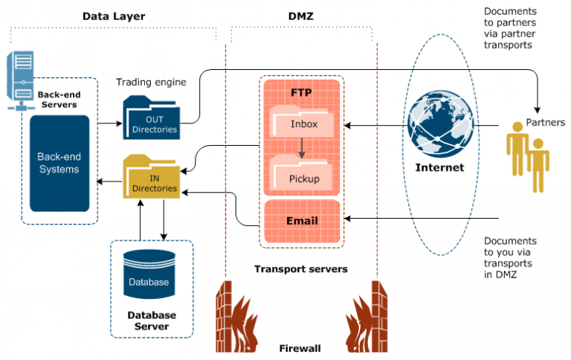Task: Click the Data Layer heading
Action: pos(113,15)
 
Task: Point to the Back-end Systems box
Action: pos(59,164)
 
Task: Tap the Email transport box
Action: pos(302,220)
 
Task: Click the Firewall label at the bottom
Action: pos(300,348)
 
